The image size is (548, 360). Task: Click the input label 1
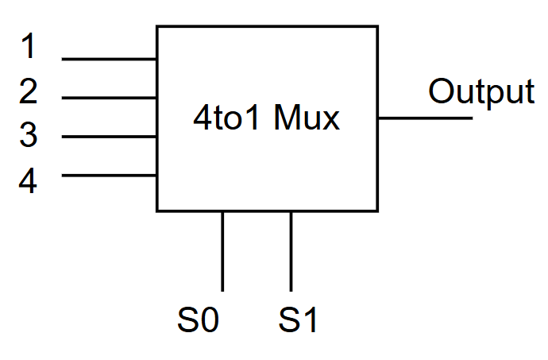click(29, 47)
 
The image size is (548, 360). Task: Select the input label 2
click(29, 92)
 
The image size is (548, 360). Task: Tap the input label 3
click(29, 136)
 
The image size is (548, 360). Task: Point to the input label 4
click(29, 182)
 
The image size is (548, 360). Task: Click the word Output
click(481, 92)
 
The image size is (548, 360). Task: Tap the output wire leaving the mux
click(425, 118)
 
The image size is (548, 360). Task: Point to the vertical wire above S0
click(222, 250)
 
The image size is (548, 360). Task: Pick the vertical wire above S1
click(291, 250)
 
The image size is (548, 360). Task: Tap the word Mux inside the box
click(307, 119)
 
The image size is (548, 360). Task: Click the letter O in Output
click(443, 92)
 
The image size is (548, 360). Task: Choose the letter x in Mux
click(332, 122)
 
